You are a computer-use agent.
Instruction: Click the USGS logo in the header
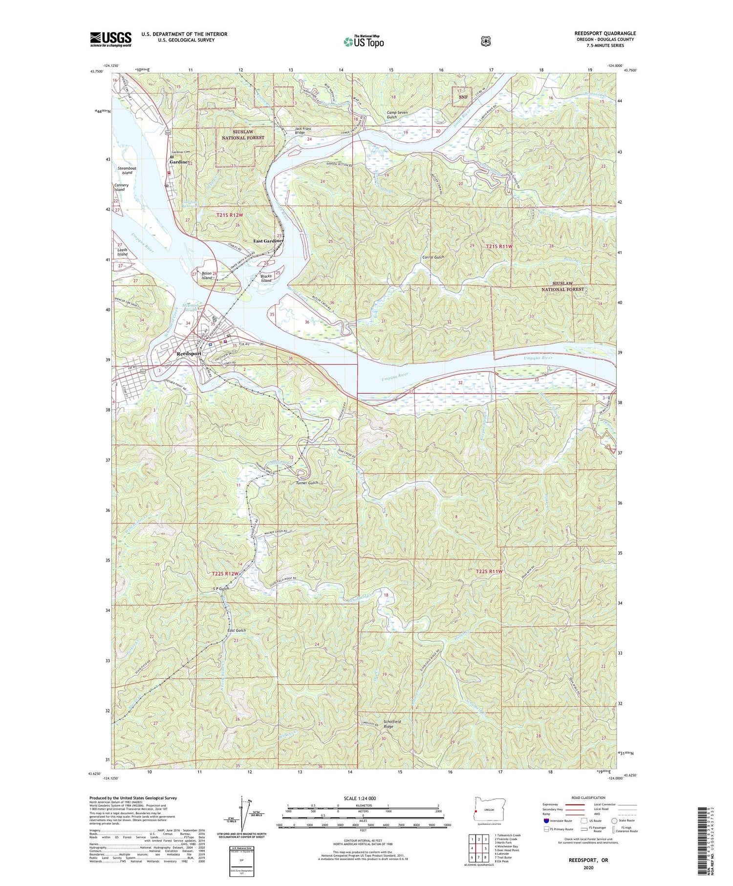pos(110,39)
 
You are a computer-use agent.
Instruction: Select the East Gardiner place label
pos(268,241)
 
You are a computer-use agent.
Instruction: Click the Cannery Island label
pos(121,187)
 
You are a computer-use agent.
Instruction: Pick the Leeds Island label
pos(122,252)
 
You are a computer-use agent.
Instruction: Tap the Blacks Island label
pos(266,278)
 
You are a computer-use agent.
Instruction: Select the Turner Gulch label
pos(307,483)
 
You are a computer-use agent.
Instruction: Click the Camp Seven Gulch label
pos(398,115)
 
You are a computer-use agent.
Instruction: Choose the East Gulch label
pos(237,630)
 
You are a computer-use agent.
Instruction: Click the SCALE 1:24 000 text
pos(363,798)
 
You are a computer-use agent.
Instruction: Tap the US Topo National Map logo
pos(364,42)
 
